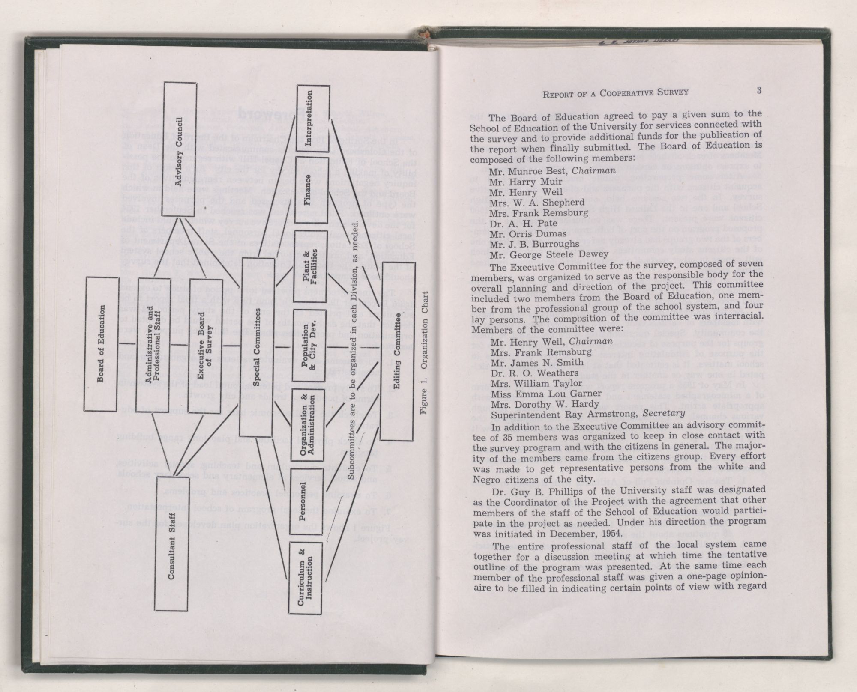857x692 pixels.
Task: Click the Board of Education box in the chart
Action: [x=101, y=344]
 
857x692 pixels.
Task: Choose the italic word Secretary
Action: [x=657, y=415]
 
